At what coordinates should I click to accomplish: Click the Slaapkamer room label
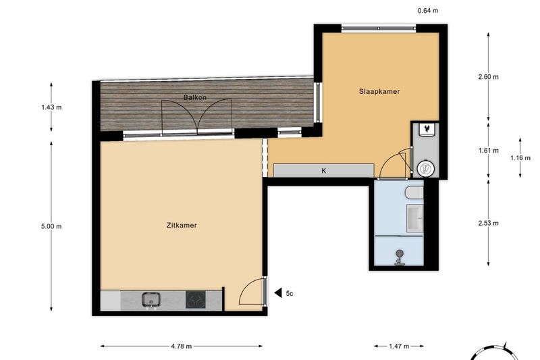coord(379,92)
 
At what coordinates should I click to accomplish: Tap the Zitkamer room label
coord(182,226)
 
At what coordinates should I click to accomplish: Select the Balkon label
coord(195,97)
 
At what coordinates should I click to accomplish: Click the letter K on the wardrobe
coord(324,170)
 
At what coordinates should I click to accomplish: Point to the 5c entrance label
coord(290,294)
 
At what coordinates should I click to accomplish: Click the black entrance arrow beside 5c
coord(278,293)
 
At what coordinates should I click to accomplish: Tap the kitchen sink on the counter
coord(151,299)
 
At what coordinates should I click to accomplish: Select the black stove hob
coord(196,299)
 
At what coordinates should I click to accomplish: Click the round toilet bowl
coord(426,169)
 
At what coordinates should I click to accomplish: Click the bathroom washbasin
coord(415,218)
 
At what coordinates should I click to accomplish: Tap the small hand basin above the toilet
coord(427,130)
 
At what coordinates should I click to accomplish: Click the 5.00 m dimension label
coord(51,226)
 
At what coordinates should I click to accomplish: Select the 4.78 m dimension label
coord(181,346)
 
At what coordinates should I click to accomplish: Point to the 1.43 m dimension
coord(51,107)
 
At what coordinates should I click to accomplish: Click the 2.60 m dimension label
coord(488,77)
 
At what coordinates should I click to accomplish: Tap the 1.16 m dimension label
coord(520,158)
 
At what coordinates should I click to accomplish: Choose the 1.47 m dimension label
coord(399,346)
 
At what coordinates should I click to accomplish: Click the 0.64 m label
coord(428,11)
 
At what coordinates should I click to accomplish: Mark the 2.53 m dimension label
coord(488,224)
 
